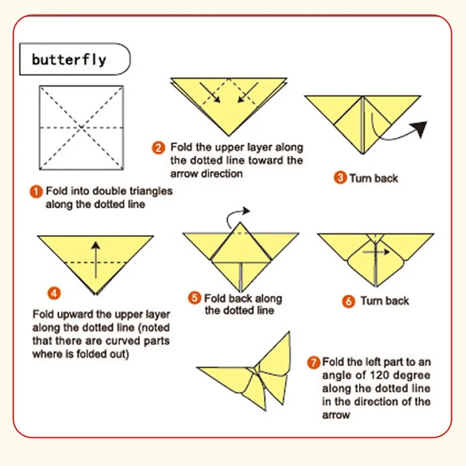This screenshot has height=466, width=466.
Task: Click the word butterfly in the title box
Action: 69,60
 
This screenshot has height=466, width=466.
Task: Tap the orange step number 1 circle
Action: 36,192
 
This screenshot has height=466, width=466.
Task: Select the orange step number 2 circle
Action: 158,148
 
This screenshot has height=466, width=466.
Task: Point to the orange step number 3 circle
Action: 340,178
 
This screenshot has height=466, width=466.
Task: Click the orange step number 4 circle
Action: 54,294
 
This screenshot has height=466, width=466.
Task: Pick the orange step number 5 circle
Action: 195,298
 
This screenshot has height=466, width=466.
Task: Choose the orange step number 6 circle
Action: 348,302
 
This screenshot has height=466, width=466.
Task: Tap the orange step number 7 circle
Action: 314,363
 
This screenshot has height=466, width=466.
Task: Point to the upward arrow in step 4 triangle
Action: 96,260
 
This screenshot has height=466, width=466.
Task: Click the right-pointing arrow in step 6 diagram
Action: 376,252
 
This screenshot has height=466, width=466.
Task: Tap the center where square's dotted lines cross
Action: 82,128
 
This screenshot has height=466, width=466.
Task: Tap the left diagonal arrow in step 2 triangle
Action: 210,92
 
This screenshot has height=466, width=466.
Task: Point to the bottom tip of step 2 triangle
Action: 228,136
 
